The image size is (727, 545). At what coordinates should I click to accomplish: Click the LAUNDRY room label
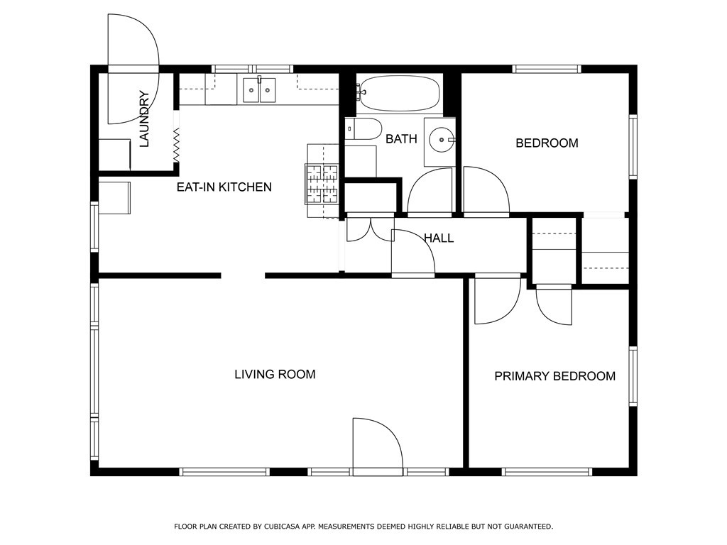(144, 119)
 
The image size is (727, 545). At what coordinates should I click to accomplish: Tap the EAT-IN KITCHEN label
(224, 187)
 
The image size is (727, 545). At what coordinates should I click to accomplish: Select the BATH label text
(401, 139)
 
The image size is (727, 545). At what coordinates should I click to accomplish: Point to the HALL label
(439, 238)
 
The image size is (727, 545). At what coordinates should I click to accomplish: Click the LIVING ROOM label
(275, 374)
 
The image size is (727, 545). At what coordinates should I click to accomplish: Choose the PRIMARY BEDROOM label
(554, 376)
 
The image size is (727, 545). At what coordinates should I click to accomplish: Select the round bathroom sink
(440, 141)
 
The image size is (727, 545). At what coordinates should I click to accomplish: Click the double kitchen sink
(259, 90)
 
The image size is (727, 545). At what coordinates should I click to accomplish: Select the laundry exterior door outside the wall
(133, 41)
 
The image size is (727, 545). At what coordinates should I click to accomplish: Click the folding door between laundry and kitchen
(176, 144)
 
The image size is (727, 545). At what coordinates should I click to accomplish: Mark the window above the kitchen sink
(252, 69)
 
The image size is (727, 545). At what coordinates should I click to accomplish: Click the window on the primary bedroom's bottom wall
(547, 471)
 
